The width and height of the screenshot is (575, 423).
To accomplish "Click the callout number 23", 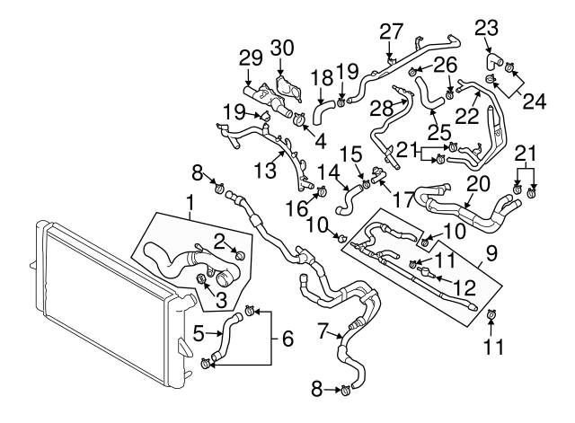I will tap(486, 28).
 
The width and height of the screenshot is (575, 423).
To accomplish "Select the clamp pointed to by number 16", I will tap(319, 189).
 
